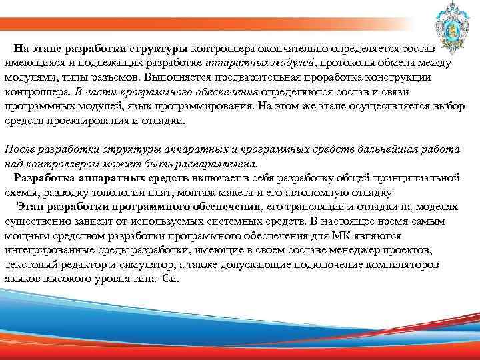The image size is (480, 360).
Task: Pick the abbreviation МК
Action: tap(339, 235)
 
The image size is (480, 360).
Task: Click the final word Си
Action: tap(172, 279)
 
